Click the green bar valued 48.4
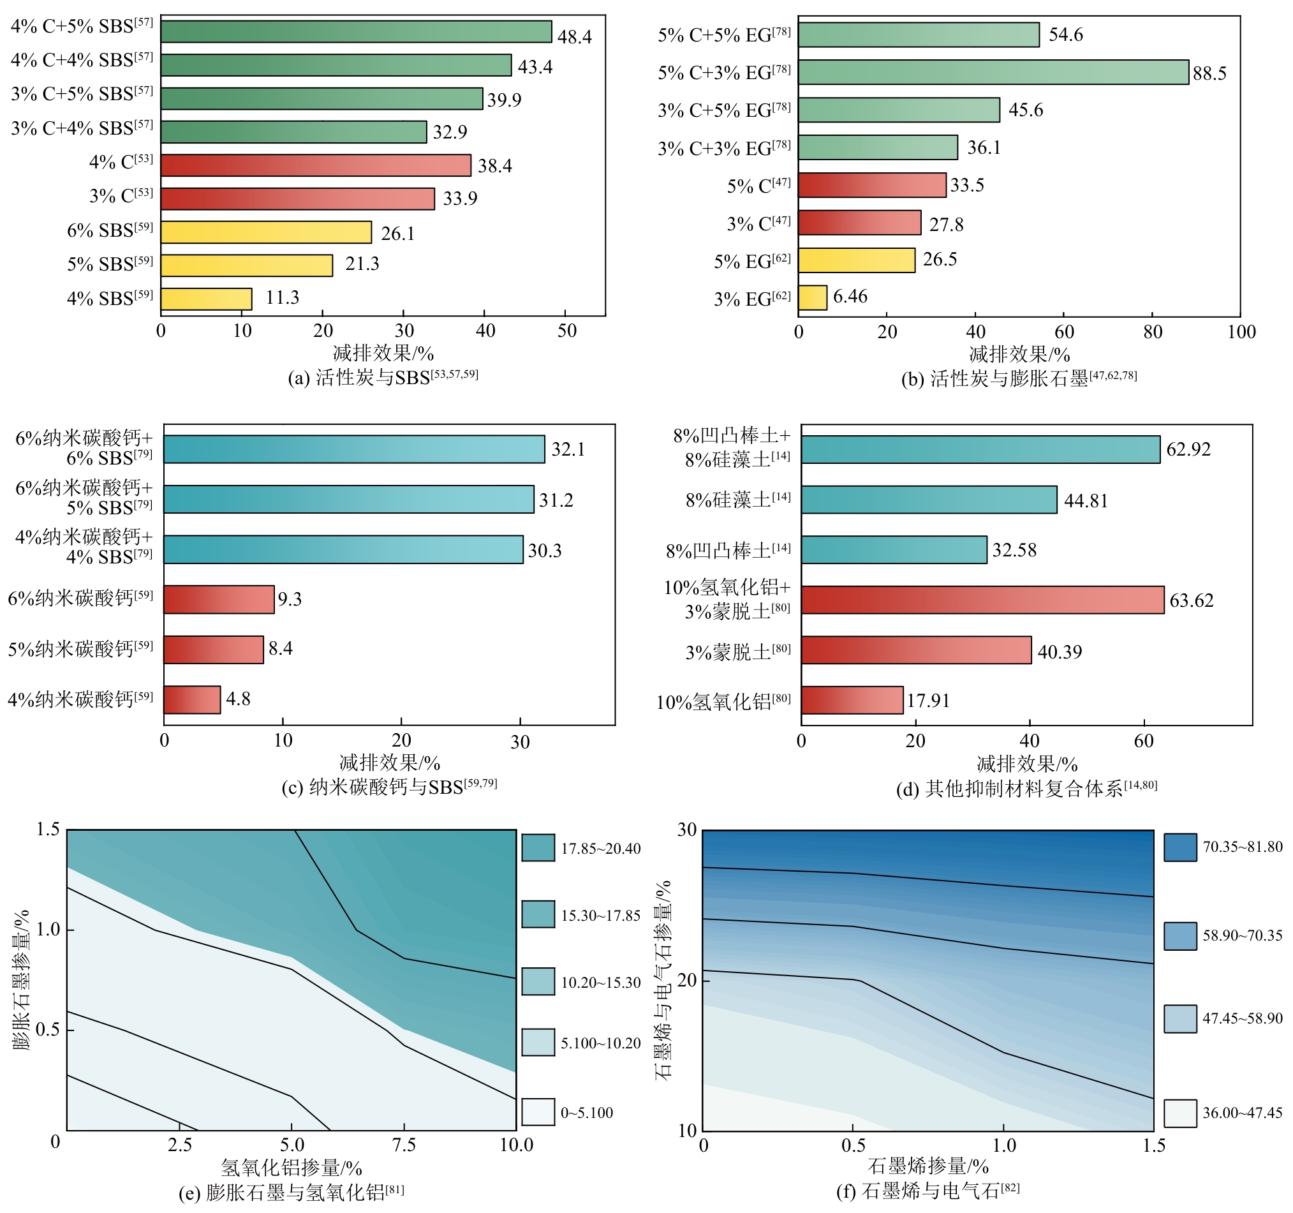click(356, 32)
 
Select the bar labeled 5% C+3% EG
click(993, 72)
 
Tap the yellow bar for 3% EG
click(813, 297)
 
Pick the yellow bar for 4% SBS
click(206, 299)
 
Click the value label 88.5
click(1209, 73)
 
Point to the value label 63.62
click(1191, 600)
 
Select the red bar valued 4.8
click(192, 699)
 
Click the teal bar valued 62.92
click(980, 450)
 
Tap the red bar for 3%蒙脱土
click(916, 650)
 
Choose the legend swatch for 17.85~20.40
click(538, 848)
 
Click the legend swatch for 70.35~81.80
click(1180, 847)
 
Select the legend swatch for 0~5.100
click(538, 1112)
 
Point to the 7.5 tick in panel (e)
click(404, 1145)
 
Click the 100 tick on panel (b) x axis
click(1241, 332)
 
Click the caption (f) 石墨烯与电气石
click(927, 1191)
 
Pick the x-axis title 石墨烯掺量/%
click(927, 1166)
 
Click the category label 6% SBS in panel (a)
click(110, 231)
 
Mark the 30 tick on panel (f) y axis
click(687, 830)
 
